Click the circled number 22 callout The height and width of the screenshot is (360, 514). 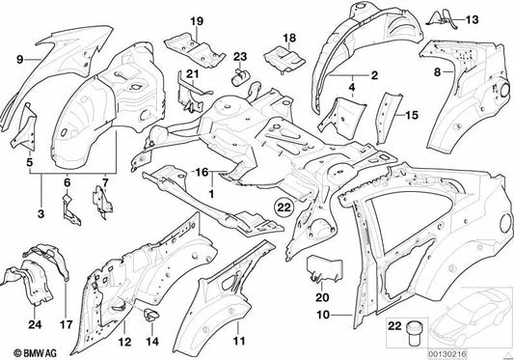(x=284, y=208)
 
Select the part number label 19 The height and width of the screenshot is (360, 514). (x=197, y=21)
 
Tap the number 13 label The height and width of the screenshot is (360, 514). (x=472, y=19)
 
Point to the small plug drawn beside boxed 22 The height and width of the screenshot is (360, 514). (x=414, y=334)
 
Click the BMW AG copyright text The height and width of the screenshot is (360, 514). (x=35, y=353)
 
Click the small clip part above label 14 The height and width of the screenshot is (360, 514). (x=150, y=315)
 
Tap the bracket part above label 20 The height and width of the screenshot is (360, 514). (x=325, y=269)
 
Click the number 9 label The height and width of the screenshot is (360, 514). (x=20, y=60)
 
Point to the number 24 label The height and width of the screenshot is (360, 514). (x=35, y=324)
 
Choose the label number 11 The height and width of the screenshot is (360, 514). (x=239, y=341)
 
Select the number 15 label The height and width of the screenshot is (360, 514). (x=412, y=115)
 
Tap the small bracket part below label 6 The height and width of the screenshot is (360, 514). (x=70, y=209)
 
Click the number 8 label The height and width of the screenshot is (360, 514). (x=437, y=71)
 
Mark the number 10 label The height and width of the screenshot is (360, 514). (x=323, y=315)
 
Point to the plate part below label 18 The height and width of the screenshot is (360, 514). (x=284, y=60)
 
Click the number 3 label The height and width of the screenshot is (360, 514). (x=41, y=214)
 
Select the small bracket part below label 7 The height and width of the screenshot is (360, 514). (x=103, y=202)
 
